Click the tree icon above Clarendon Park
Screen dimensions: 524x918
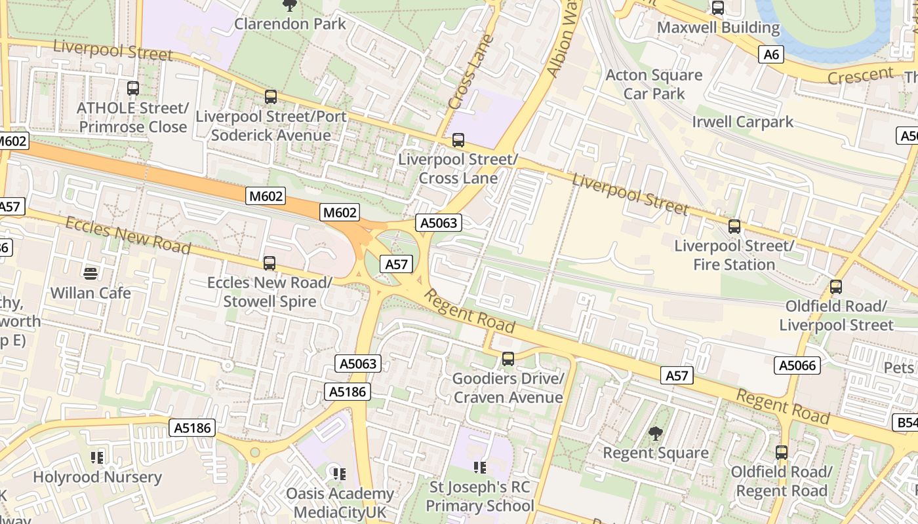pyautogui.click(x=289, y=5)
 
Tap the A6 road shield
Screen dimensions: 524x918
pyautogui.click(x=771, y=54)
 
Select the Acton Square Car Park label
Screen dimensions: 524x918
pyautogui.click(x=654, y=84)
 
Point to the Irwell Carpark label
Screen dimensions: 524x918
pyautogui.click(x=742, y=122)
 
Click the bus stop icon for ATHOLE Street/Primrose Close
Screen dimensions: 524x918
pyautogui.click(x=133, y=88)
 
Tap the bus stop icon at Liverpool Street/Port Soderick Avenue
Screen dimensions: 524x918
pyautogui.click(x=271, y=97)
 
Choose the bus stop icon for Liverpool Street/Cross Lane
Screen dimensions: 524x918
pyautogui.click(x=458, y=140)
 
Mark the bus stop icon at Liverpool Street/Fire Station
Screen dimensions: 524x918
pyautogui.click(x=734, y=227)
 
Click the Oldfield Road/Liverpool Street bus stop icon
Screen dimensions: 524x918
pyautogui.click(x=836, y=287)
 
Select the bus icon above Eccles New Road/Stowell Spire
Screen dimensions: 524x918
pyautogui.click(x=269, y=263)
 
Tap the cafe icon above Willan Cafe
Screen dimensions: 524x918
pyautogui.click(x=90, y=273)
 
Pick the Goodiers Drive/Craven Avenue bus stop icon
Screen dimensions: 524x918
pyautogui.click(x=508, y=359)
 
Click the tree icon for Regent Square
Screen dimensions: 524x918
pyautogui.click(x=655, y=433)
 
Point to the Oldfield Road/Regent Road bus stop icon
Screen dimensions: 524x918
pyautogui.click(x=782, y=452)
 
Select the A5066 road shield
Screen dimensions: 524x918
pyautogui.click(x=797, y=365)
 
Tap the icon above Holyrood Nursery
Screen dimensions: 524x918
pyautogui.click(x=97, y=457)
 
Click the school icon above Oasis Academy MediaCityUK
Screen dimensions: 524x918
pyautogui.click(x=339, y=474)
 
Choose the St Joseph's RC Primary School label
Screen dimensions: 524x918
pyautogui.click(x=480, y=496)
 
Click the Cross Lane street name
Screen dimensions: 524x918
pyautogui.click(x=470, y=73)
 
